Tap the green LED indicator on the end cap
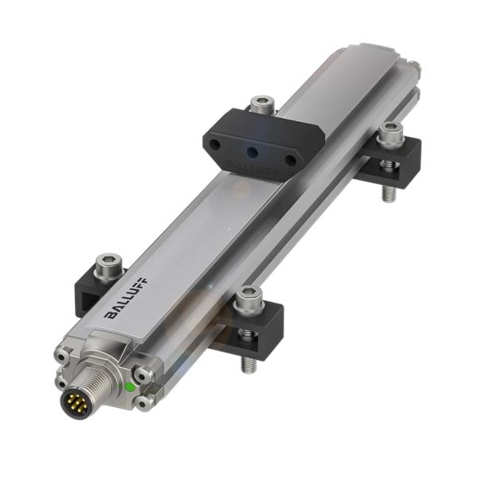(x=128, y=387)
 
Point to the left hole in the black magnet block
(x=216, y=143)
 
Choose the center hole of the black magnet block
(x=253, y=151)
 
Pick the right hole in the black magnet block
(x=291, y=160)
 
